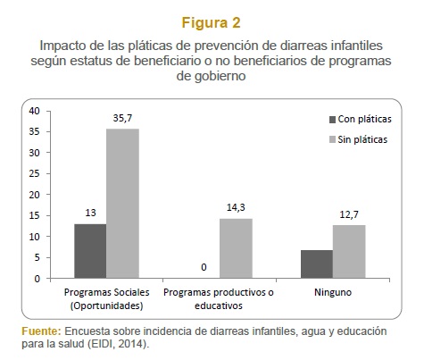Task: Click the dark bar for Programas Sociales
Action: (90, 251)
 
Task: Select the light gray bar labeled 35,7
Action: (122, 204)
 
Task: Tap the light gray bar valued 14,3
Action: (236, 248)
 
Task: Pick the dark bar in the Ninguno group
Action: (317, 264)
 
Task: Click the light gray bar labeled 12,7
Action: (349, 252)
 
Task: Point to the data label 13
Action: (90, 213)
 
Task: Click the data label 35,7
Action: (122, 118)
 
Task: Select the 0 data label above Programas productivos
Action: (204, 267)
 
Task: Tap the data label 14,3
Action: (236, 207)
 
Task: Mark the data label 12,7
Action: (349, 214)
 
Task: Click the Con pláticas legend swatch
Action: (332, 120)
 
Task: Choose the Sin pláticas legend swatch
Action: (332, 139)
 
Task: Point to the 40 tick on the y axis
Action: (34, 111)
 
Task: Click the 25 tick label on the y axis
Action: (34, 173)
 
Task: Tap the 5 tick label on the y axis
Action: (37, 257)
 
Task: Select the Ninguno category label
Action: (333, 292)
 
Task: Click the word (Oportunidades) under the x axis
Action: (107, 306)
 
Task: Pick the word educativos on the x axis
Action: (219, 306)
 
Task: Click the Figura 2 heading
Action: (211, 22)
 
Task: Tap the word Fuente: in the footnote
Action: (41, 331)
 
